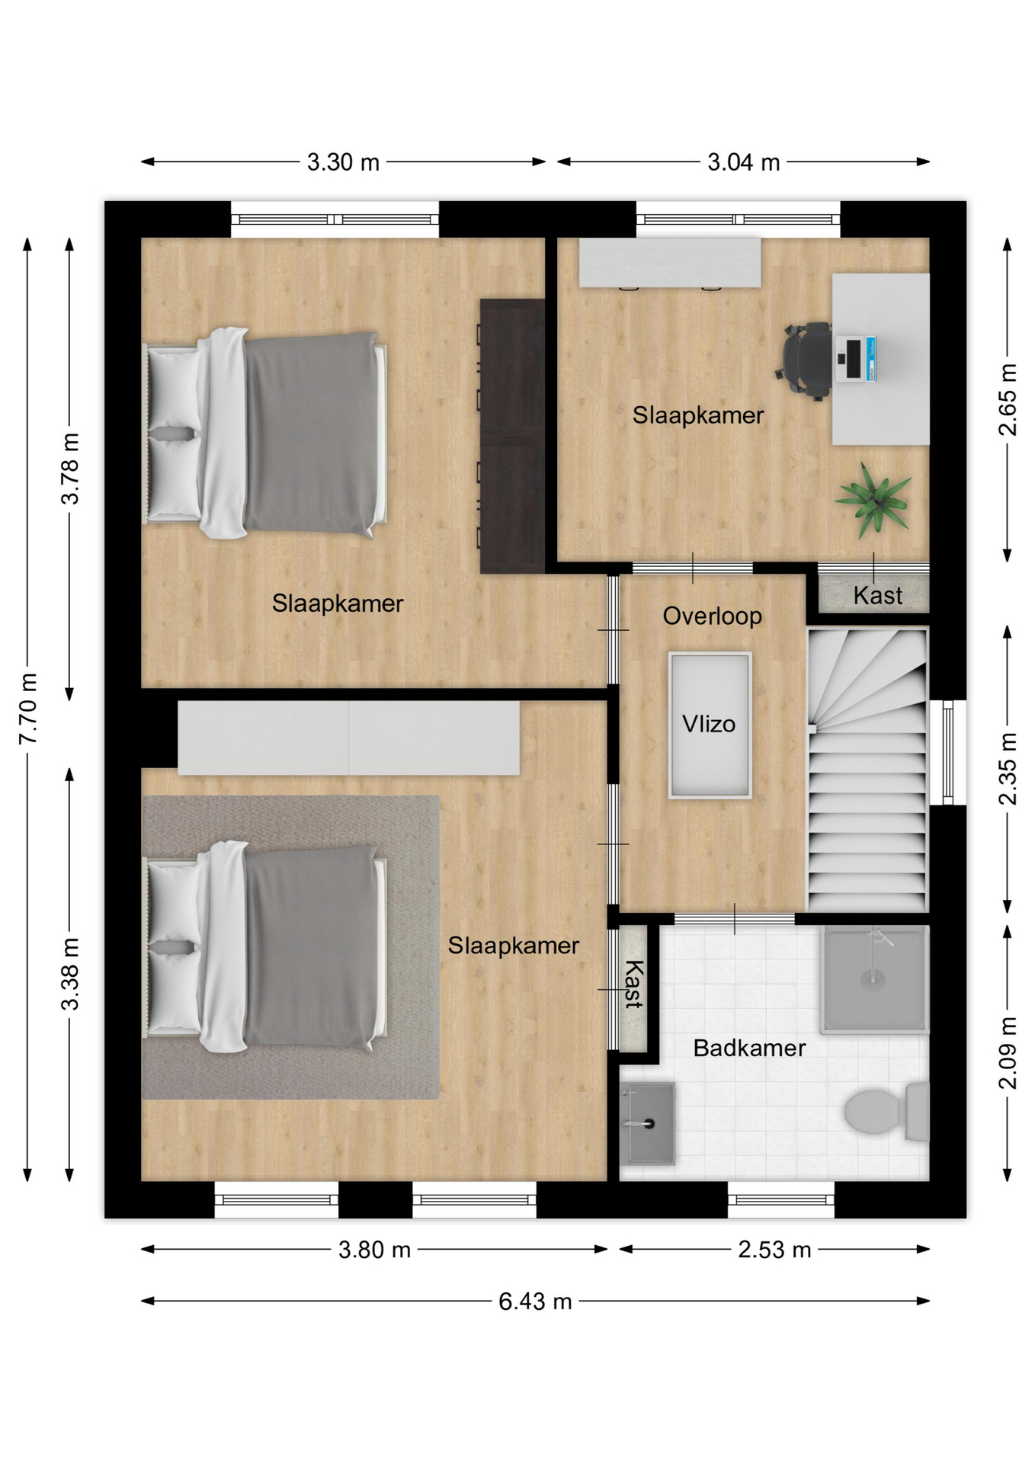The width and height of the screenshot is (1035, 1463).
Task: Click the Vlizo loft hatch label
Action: (709, 723)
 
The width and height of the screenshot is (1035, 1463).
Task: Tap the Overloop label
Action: (712, 616)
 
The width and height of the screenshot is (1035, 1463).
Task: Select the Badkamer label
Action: (749, 1048)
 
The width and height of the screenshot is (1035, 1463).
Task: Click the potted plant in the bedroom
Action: (874, 500)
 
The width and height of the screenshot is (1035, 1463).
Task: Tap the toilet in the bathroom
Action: (887, 1112)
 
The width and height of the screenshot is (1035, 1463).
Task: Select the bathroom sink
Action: (647, 1123)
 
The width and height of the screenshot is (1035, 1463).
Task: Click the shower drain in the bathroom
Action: (873, 978)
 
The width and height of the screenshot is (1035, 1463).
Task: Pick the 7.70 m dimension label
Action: (28, 709)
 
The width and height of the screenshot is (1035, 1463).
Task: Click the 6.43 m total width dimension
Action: (535, 1301)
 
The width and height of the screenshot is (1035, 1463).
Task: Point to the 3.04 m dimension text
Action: (744, 162)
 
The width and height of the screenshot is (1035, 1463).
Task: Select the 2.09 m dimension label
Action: (1008, 1053)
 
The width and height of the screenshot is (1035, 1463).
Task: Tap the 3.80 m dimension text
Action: (375, 1250)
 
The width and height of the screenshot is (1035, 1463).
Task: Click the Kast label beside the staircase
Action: (877, 595)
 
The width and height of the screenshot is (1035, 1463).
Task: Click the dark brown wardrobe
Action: (512, 436)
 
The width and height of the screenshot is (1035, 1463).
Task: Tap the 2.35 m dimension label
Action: (1008, 769)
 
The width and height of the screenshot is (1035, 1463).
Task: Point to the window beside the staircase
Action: (948, 752)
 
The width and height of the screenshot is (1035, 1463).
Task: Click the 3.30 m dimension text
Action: (343, 162)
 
